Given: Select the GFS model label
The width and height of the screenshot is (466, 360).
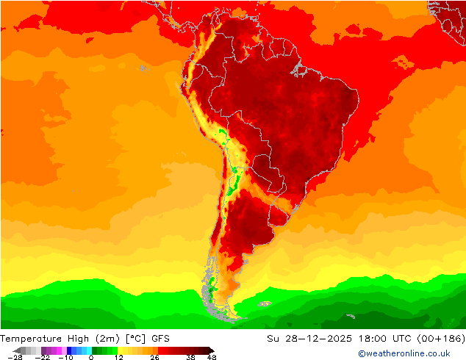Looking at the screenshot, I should (160, 339).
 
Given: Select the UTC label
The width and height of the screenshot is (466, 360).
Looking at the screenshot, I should (395, 339).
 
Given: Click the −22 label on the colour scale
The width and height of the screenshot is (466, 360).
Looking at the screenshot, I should (43, 357).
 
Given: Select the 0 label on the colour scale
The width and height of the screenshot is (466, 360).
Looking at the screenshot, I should (91, 357).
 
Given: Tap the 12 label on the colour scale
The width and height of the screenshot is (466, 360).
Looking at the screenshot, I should (118, 357).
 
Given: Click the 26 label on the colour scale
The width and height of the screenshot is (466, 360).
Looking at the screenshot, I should (155, 357).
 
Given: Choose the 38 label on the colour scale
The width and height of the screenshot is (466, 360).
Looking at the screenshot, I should (190, 357).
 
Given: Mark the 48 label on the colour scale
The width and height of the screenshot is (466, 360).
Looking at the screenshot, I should (212, 357).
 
